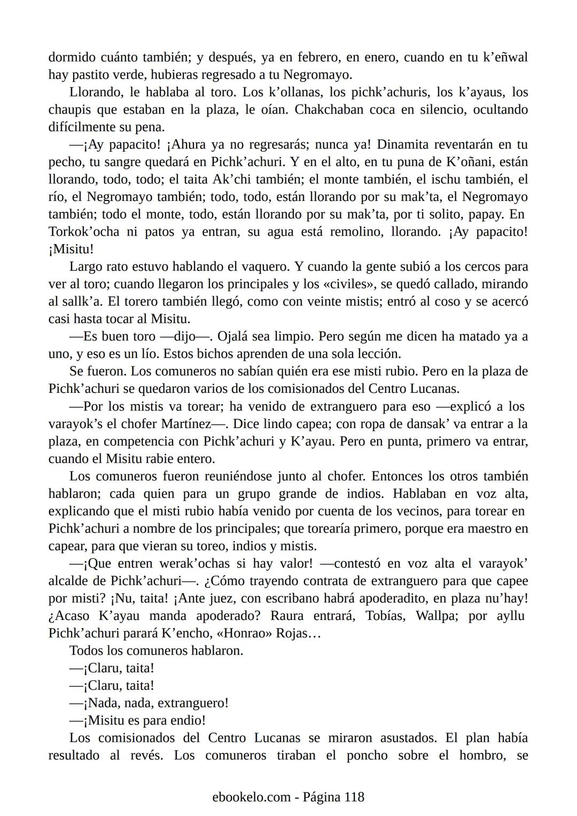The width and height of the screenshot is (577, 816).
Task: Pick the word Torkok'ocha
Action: (84, 232)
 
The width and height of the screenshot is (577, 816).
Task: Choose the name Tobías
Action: (385, 616)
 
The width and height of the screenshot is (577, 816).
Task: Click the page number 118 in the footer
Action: (354, 797)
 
